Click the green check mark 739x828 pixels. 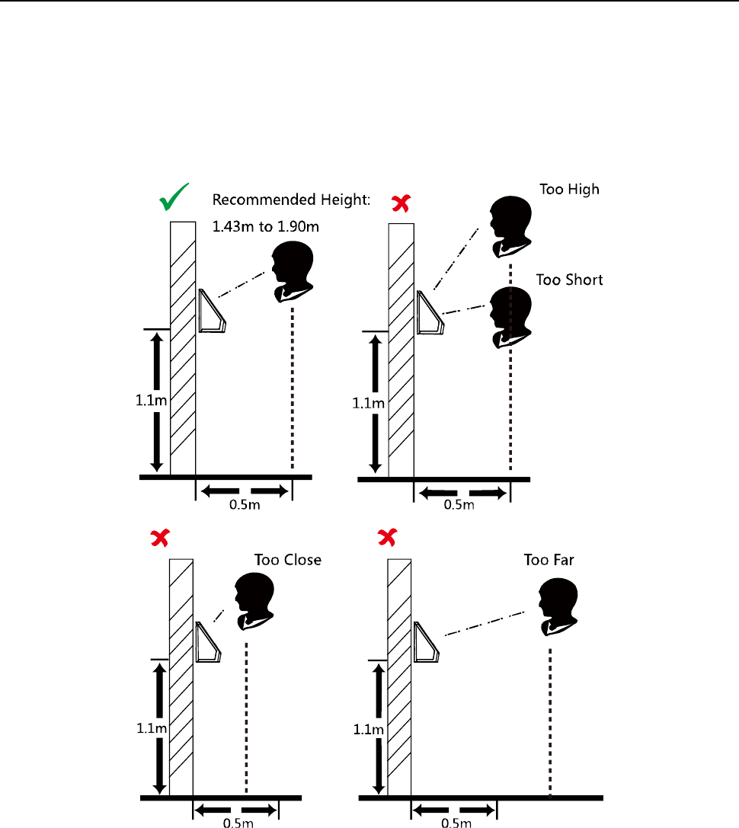174,200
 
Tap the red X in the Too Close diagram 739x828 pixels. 160,539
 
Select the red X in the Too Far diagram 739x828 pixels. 386,539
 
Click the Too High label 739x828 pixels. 569,190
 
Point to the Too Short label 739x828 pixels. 569,280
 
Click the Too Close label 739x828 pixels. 287,560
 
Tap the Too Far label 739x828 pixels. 549,560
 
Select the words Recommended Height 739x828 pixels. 290,200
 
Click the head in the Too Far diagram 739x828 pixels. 555,606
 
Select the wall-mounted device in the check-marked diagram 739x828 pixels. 212,312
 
